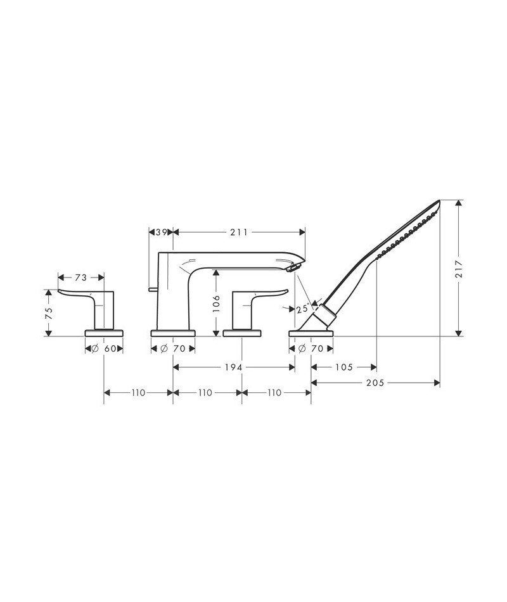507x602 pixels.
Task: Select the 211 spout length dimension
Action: (x=238, y=233)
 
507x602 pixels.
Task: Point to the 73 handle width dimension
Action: (x=80, y=277)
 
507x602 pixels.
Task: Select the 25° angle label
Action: (x=302, y=309)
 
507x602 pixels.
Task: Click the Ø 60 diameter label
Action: (x=104, y=349)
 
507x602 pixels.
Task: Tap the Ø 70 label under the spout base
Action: (x=172, y=349)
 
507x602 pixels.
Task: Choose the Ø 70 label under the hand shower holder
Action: (x=311, y=349)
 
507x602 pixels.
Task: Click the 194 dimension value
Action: (x=234, y=367)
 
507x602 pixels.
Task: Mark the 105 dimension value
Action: (x=344, y=367)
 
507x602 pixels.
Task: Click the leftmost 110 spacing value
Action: (x=138, y=393)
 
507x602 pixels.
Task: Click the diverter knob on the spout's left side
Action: (x=153, y=290)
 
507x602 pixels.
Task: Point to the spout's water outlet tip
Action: (x=292, y=269)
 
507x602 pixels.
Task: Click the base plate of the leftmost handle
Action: (x=104, y=332)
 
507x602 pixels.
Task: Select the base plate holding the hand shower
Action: (x=311, y=332)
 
